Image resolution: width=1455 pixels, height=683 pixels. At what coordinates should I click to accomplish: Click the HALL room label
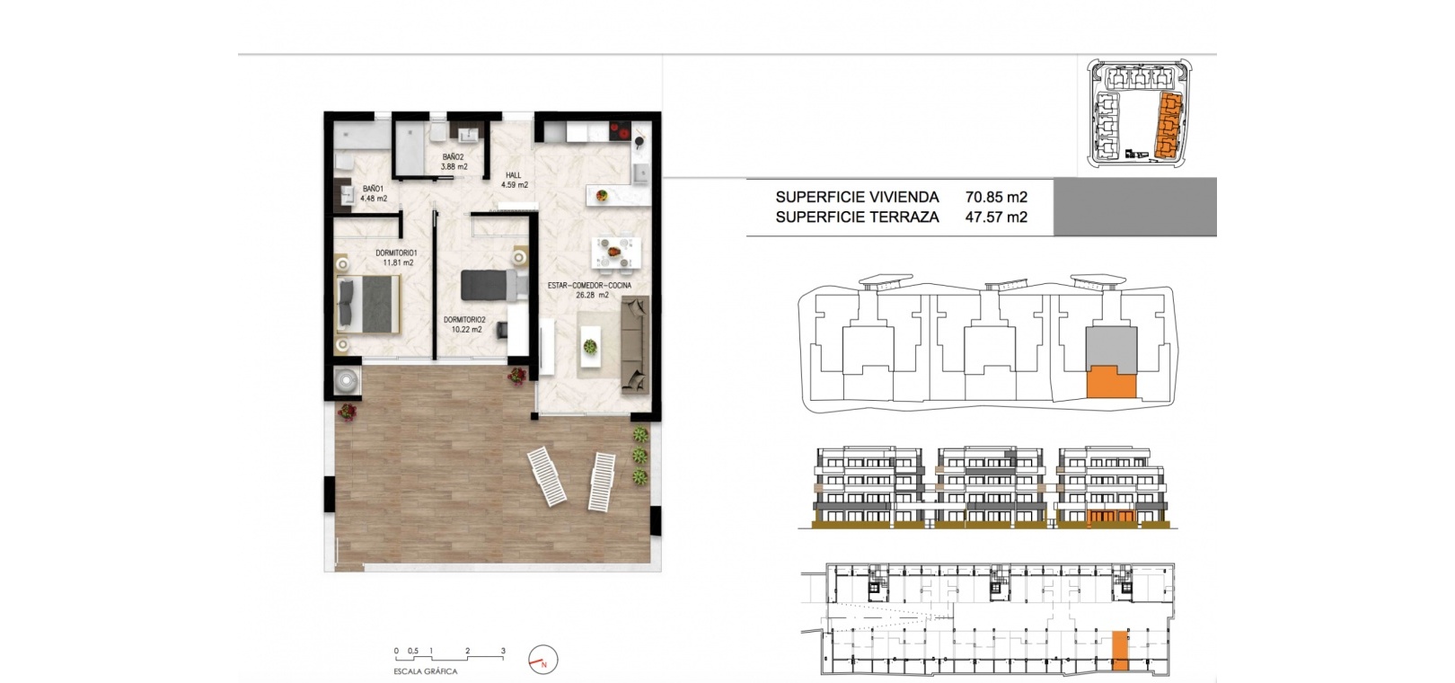[513, 175]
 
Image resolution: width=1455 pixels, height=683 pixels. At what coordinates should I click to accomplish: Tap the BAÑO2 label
[453, 157]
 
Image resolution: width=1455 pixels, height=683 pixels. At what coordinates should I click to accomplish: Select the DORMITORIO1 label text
[396, 253]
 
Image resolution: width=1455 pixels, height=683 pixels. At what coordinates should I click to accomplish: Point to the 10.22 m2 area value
[466, 330]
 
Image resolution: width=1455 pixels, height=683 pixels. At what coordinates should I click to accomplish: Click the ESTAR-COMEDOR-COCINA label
[589, 285]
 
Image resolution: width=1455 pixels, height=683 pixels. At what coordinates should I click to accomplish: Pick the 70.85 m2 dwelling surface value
[996, 197]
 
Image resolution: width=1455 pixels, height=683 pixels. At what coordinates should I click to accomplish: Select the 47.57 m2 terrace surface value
[996, 217]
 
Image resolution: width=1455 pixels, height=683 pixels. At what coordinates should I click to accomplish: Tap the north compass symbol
[543, 660]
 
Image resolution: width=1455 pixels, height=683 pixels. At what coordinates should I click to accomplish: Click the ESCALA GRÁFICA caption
[426, 672]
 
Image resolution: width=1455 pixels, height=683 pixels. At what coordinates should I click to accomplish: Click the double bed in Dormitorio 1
[367, 305]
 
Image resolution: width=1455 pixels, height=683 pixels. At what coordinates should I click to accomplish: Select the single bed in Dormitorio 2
[494, 285]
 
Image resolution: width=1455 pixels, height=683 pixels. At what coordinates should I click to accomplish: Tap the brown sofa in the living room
[635, 344]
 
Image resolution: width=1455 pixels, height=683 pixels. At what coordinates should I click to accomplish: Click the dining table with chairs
[616, 253]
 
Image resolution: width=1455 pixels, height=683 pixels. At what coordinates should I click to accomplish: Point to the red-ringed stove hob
[620, 132]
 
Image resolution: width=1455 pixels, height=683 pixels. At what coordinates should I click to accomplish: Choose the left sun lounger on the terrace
[546, 476]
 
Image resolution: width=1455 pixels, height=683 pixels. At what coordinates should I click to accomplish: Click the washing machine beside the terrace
[348, 380]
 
